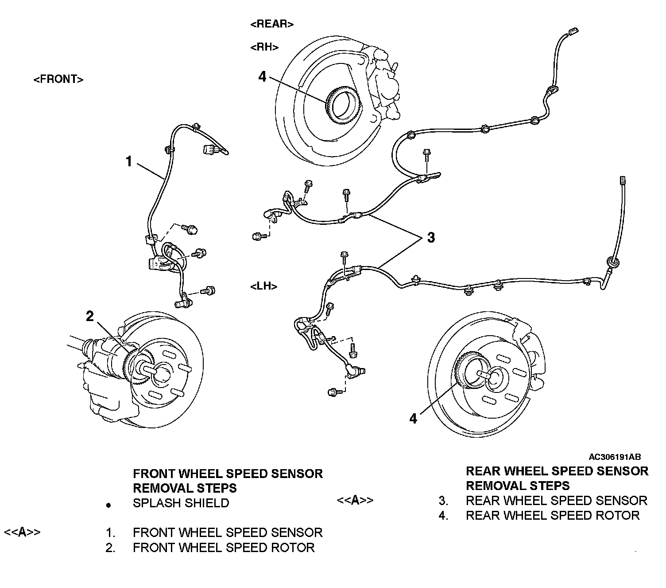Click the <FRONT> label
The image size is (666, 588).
pyautogui.click(x=58, y=79)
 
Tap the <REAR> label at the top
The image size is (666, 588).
pyautogui.click(x=272, y=24)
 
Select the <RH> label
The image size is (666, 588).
pyautogui.click(x=264, y=47)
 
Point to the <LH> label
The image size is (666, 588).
pyautogui.click(x=264, y=286)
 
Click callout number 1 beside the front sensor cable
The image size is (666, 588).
pyautogui.click(x=129, y=161)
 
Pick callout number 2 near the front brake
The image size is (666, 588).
pyautogui.click(x=90, y=316)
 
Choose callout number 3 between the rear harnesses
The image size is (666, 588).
pyautogui.click(x=431, y=237)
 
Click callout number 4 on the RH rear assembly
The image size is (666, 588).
pyautogui.click(x=263, y=77)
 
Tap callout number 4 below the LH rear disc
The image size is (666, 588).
pyautogui.click(x=413, y=418)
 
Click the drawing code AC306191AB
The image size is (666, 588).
pyautogui.click(x=615, y=457)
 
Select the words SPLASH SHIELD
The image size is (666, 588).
pyautogui.click(x=181, y=503)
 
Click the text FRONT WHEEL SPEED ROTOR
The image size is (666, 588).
pyautogui.click(x=224, y=548)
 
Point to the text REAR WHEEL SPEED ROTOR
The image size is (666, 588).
pyautogui.click(x=553, y=515)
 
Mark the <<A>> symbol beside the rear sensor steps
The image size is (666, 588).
pyautogui.click(x=355, y=500)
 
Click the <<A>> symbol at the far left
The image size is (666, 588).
pyautogui.click(x=22, y=532)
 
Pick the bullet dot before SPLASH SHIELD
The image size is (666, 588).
pyautogui.click(x=108, y=505)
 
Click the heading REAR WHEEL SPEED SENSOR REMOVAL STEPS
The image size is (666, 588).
pyautogui.click(x=557, y=478)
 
